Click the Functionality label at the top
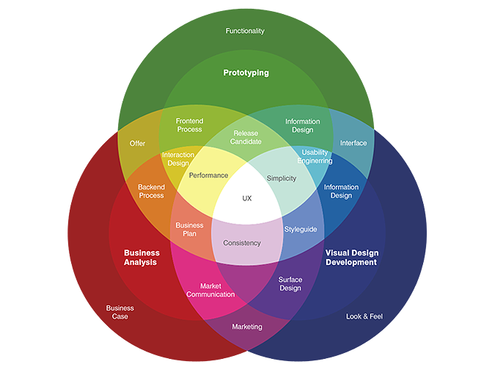245,31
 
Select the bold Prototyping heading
246,73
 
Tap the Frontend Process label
189,125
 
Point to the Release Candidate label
245,137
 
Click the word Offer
137,143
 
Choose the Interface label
353,143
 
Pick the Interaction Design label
178,159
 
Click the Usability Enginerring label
317,156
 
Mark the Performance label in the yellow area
208,175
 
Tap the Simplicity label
282,178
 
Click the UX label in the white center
247,198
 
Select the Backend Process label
151,191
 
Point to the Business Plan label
189,230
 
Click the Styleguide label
301,229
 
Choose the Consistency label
242,243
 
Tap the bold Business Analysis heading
142,258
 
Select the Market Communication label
210,290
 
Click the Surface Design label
290,283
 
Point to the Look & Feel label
364,316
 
